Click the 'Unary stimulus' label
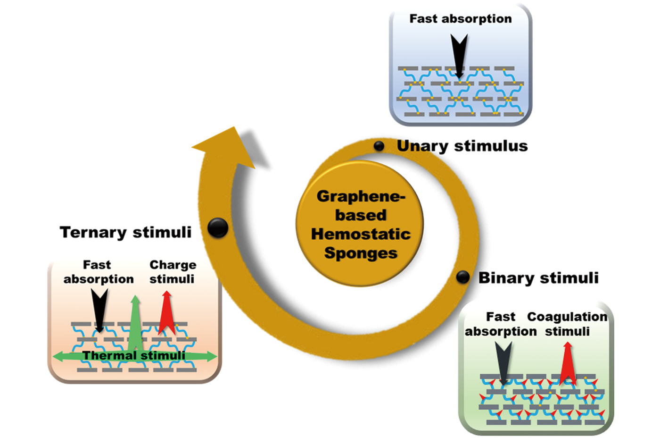[x=462, y=146]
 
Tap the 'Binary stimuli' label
[x=538, y=278]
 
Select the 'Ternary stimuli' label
[x=125, y=232]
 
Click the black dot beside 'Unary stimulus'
[x=379, y=146]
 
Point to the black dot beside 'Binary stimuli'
[x=462, y=277]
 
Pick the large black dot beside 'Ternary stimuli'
[x=218, y=228]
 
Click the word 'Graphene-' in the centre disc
[x=361, y=196]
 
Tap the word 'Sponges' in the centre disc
[x=361, y=253]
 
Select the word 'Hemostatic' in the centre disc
[x=361, y=234]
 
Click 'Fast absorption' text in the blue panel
[x=460, y=19]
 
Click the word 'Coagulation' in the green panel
[x=567, y=317]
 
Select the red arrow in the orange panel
[x=166, y=311]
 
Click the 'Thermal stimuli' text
[x=134, y=355]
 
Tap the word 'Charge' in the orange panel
[x=173, y=265]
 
